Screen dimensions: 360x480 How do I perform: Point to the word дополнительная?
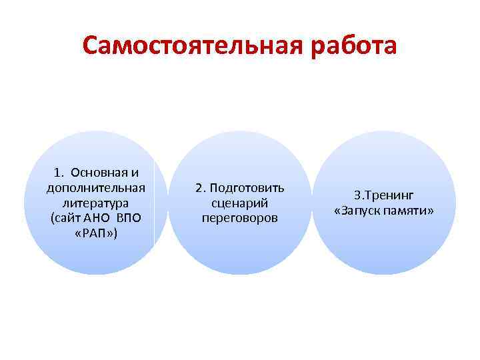click(x=97, y=187)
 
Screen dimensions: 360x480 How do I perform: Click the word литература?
click(x=97, y=202)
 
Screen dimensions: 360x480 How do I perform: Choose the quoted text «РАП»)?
click(x=97, y=233)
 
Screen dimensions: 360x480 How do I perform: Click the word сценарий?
click(x=239, y=203)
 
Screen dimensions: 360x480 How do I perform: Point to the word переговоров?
click(x=239, y=218)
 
